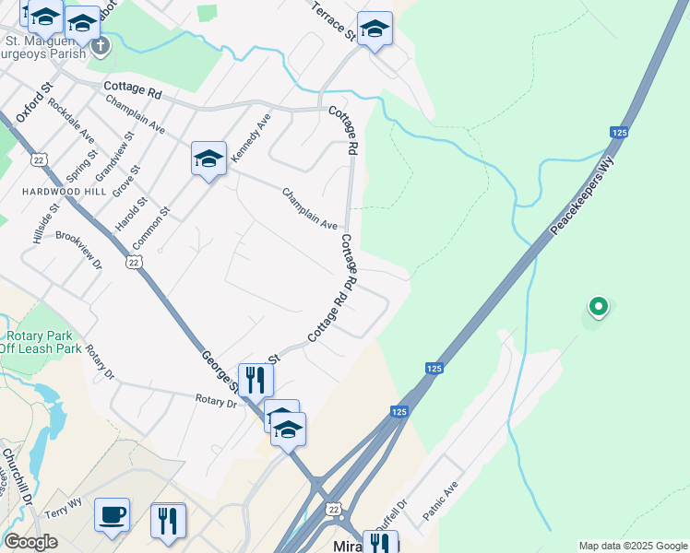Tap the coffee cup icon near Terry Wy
[112, 515]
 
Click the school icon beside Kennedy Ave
[208, 159]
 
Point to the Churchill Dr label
[17, 476]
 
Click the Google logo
[30, 542]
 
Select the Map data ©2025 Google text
[632, 546]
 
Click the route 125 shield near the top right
[620, 133]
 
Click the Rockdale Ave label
[72, 120]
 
